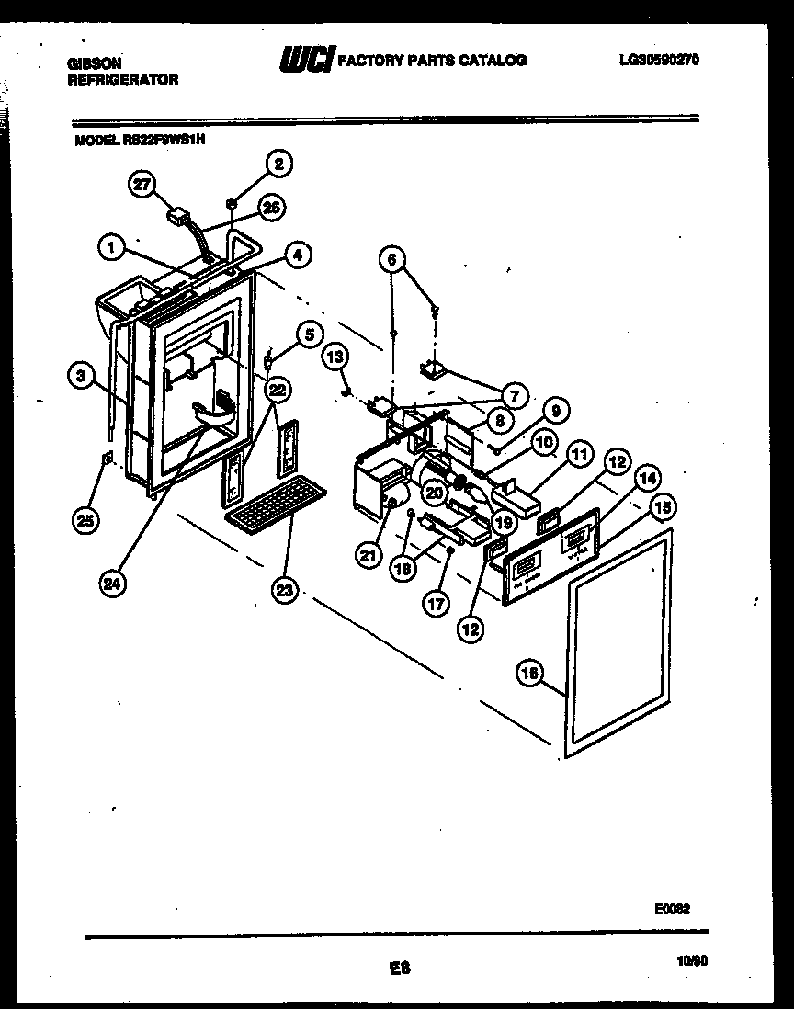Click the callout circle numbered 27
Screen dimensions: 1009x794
tap(141, 184)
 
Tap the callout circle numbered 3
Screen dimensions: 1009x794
tap(83, 374)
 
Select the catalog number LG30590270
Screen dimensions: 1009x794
tap(659, 60)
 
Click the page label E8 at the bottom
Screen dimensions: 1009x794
tap(399, 967)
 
